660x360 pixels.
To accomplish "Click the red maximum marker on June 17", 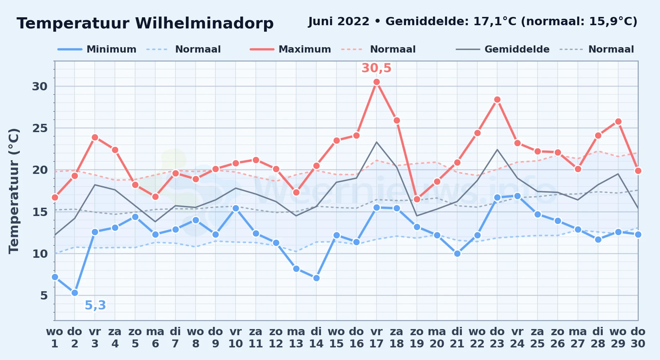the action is tap(376, 82).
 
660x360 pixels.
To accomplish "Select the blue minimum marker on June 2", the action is tap(75, 293).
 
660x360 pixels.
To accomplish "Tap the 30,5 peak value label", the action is tap(376, 68).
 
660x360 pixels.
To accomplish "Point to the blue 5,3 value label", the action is tap(95, 305).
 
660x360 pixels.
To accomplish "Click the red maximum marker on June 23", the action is tap(497, 100).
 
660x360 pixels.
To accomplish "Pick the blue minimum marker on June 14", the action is tap(316, 278).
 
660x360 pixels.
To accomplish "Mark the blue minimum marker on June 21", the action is tap(457, 254).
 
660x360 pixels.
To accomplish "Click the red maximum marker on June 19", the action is tap(417, 199).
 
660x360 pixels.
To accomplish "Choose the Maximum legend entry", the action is tap(290, 49).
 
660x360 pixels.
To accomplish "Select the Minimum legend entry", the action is tap(97, 49).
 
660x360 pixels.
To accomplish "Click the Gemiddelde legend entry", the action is tap(503, 49).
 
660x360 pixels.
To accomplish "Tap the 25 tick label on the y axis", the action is tap(40, 128).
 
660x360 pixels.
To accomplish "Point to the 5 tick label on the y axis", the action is tap(44, 296).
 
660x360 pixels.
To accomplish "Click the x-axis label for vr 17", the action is tap(376, 338).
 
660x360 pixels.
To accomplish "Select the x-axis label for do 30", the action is tap(638, 338).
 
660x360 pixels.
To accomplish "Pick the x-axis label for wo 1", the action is tap(55, 338).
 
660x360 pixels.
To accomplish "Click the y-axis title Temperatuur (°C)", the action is tap(14, 191).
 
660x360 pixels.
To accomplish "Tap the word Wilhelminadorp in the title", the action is tap(204, 23).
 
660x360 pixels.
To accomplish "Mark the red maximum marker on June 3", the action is tap(95, 137).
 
